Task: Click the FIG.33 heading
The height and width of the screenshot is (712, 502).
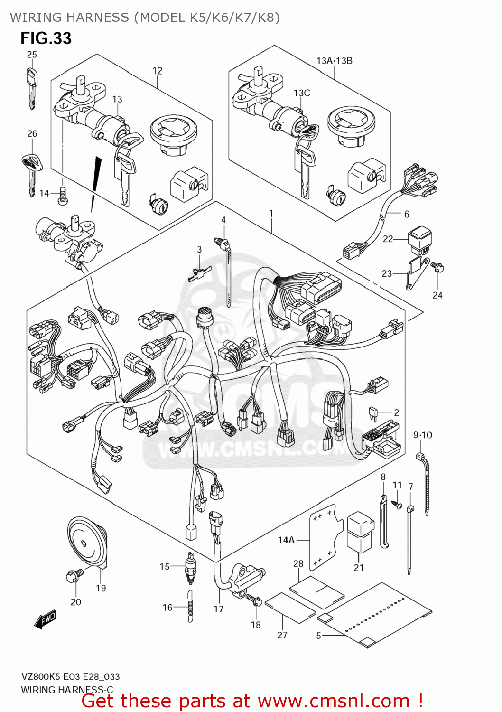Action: (46, 38)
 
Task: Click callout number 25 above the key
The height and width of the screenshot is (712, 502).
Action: (32, 55)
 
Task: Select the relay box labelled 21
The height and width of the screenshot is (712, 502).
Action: (360, 532)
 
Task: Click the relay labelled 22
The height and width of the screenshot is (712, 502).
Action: (420, 240)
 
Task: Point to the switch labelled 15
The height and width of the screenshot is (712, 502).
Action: (191, 566)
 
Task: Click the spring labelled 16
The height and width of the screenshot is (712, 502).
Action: (190, 606)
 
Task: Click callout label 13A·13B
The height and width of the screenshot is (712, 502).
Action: (334, 61)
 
